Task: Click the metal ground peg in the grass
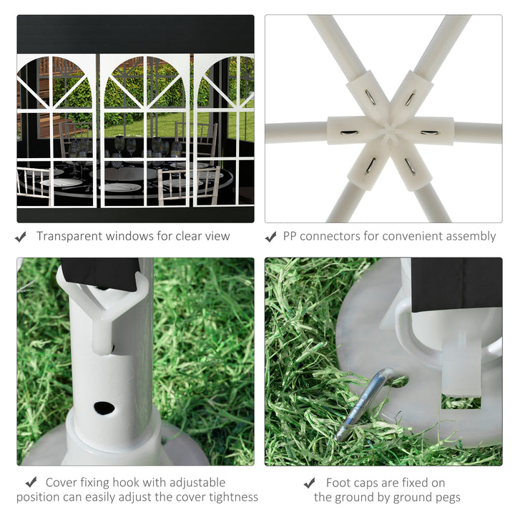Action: [362, 405]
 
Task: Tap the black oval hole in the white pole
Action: [104, 408]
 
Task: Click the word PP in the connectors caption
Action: [290, 236]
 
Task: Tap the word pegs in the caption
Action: [446, 498]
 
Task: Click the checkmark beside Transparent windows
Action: [21, 237]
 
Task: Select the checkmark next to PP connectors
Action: [270, 237]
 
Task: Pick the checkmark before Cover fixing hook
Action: [31, 483]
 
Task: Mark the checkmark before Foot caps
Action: [310, 483]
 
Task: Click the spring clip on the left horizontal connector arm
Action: [349, 133]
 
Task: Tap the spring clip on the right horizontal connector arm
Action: [430, 133]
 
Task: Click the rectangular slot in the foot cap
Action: [461, 401]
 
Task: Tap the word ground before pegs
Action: [407, 498]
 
